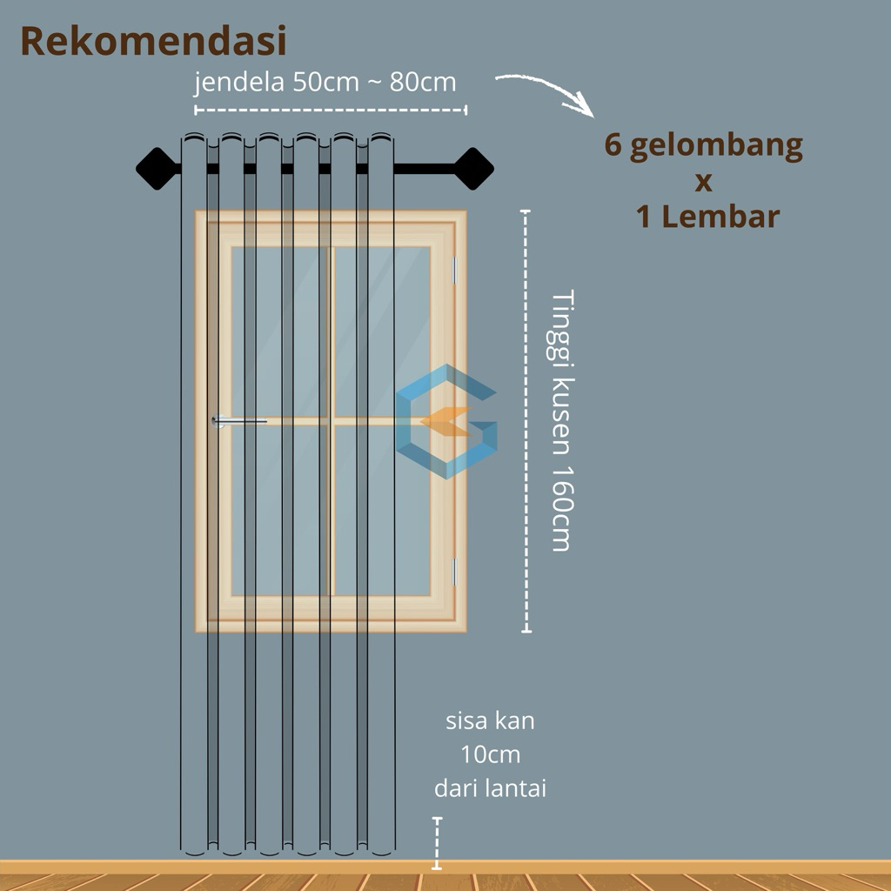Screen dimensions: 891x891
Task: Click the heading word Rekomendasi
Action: pos(153,41)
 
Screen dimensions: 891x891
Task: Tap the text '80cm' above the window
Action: pos(423,83)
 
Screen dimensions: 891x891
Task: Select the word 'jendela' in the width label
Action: pos(229,84)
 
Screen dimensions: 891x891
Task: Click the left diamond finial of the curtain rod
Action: pos(157,168)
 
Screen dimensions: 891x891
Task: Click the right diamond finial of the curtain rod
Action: pos(474,168)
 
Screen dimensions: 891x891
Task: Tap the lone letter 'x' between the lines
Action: pos(704,183)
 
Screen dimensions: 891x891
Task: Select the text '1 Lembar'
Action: pos(707,217)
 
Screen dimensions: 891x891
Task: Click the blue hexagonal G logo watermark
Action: pos(446,422)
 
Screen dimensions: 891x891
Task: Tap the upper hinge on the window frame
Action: pos(455,270)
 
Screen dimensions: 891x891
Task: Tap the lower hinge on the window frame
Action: pos(455,571)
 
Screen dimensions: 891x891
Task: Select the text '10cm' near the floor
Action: pos(490,754)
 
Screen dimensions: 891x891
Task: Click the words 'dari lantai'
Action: pos(490,789)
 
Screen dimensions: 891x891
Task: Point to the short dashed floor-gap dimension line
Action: pos(437,842)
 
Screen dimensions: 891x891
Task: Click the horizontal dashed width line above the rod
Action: pos(331,110)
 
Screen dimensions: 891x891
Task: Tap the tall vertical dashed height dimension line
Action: pos(526,420)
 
